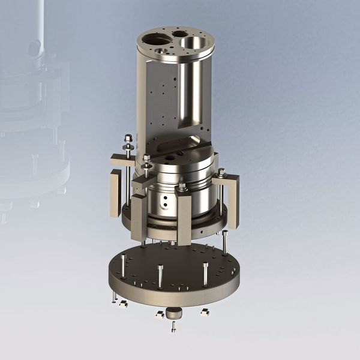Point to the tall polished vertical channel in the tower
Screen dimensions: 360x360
click(x=194, y=90)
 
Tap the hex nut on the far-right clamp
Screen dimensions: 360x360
click(x=221, y=172)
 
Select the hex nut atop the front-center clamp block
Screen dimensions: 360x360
click(x=181, y=189)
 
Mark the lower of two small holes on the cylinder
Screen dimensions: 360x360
click(x=163, y=211)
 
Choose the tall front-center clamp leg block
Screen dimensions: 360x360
click(x=184, y=221)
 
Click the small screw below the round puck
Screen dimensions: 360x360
click(x=173, y=326)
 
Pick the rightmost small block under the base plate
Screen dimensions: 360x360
click(x=205, y=311)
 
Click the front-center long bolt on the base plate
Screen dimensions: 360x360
click(x=160, y=275)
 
